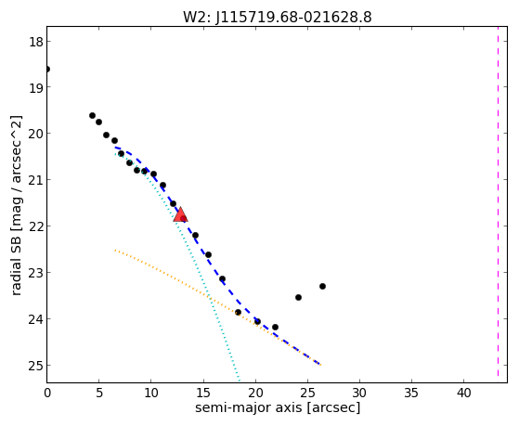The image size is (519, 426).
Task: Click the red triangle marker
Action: (x=180, y=214)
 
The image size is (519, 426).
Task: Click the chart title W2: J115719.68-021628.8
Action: (x=278, y=17)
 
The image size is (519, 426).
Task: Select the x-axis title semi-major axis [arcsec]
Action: (x=278, y=407)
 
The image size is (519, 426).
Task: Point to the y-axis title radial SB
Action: (x=16, y=265)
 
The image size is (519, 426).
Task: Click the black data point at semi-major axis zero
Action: (x=47, y=70)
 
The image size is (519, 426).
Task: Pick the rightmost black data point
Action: (x=322, y=286)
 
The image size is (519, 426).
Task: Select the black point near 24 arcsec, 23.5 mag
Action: (x=298, y=298)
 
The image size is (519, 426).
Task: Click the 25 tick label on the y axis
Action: (x=36, y=366)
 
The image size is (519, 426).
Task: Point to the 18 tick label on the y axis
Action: (x=36, y=42)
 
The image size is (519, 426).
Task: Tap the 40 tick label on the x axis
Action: (x=463, y=393)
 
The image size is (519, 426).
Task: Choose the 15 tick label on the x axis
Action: (x=203, y=393)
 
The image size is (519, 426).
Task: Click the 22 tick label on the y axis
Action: (x=36, y=226)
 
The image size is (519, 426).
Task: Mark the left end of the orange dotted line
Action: (x=115, y=251)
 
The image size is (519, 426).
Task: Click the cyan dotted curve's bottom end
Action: (x=239, y=380)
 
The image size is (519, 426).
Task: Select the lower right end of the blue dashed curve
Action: (x=320, y=365)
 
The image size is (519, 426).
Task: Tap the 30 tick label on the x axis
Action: (x=359, y=393)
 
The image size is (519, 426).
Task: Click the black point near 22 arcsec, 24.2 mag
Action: (x=275, y=328)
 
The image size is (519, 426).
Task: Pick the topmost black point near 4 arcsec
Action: (x=92, y=115)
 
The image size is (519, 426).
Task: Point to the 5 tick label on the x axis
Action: (x=99, y=393)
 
